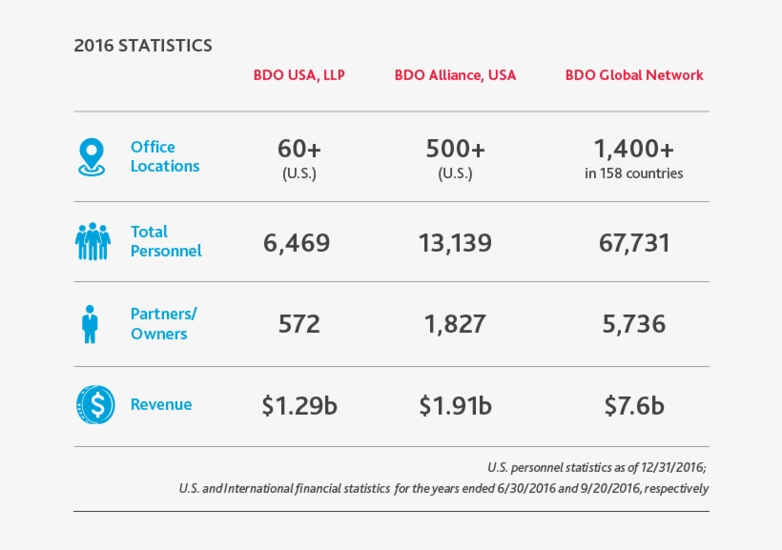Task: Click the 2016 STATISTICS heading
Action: click(143, 46)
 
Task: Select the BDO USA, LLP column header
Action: click(299, 75)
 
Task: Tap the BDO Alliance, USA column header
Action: click(455, 75)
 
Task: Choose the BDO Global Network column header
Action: click(634, 75)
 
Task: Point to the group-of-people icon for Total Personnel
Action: click(93, 242)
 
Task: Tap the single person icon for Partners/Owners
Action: click(91, 324)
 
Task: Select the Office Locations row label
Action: click(165, 156)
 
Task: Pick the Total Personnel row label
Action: click(166, 241)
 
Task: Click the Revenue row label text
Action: click(161, 405)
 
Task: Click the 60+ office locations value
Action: click(298, 150)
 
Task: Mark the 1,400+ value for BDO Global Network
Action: click(634, 149)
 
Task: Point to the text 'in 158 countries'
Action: click(634, 174)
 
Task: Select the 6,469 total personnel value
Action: click(297, 243)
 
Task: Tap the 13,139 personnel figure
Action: click(455, 243)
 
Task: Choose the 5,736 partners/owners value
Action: click(634, 324)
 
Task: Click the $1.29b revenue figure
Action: click(299, 406)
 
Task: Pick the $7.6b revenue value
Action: click(634, 406)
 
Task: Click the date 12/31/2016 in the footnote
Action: click(673, 467)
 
